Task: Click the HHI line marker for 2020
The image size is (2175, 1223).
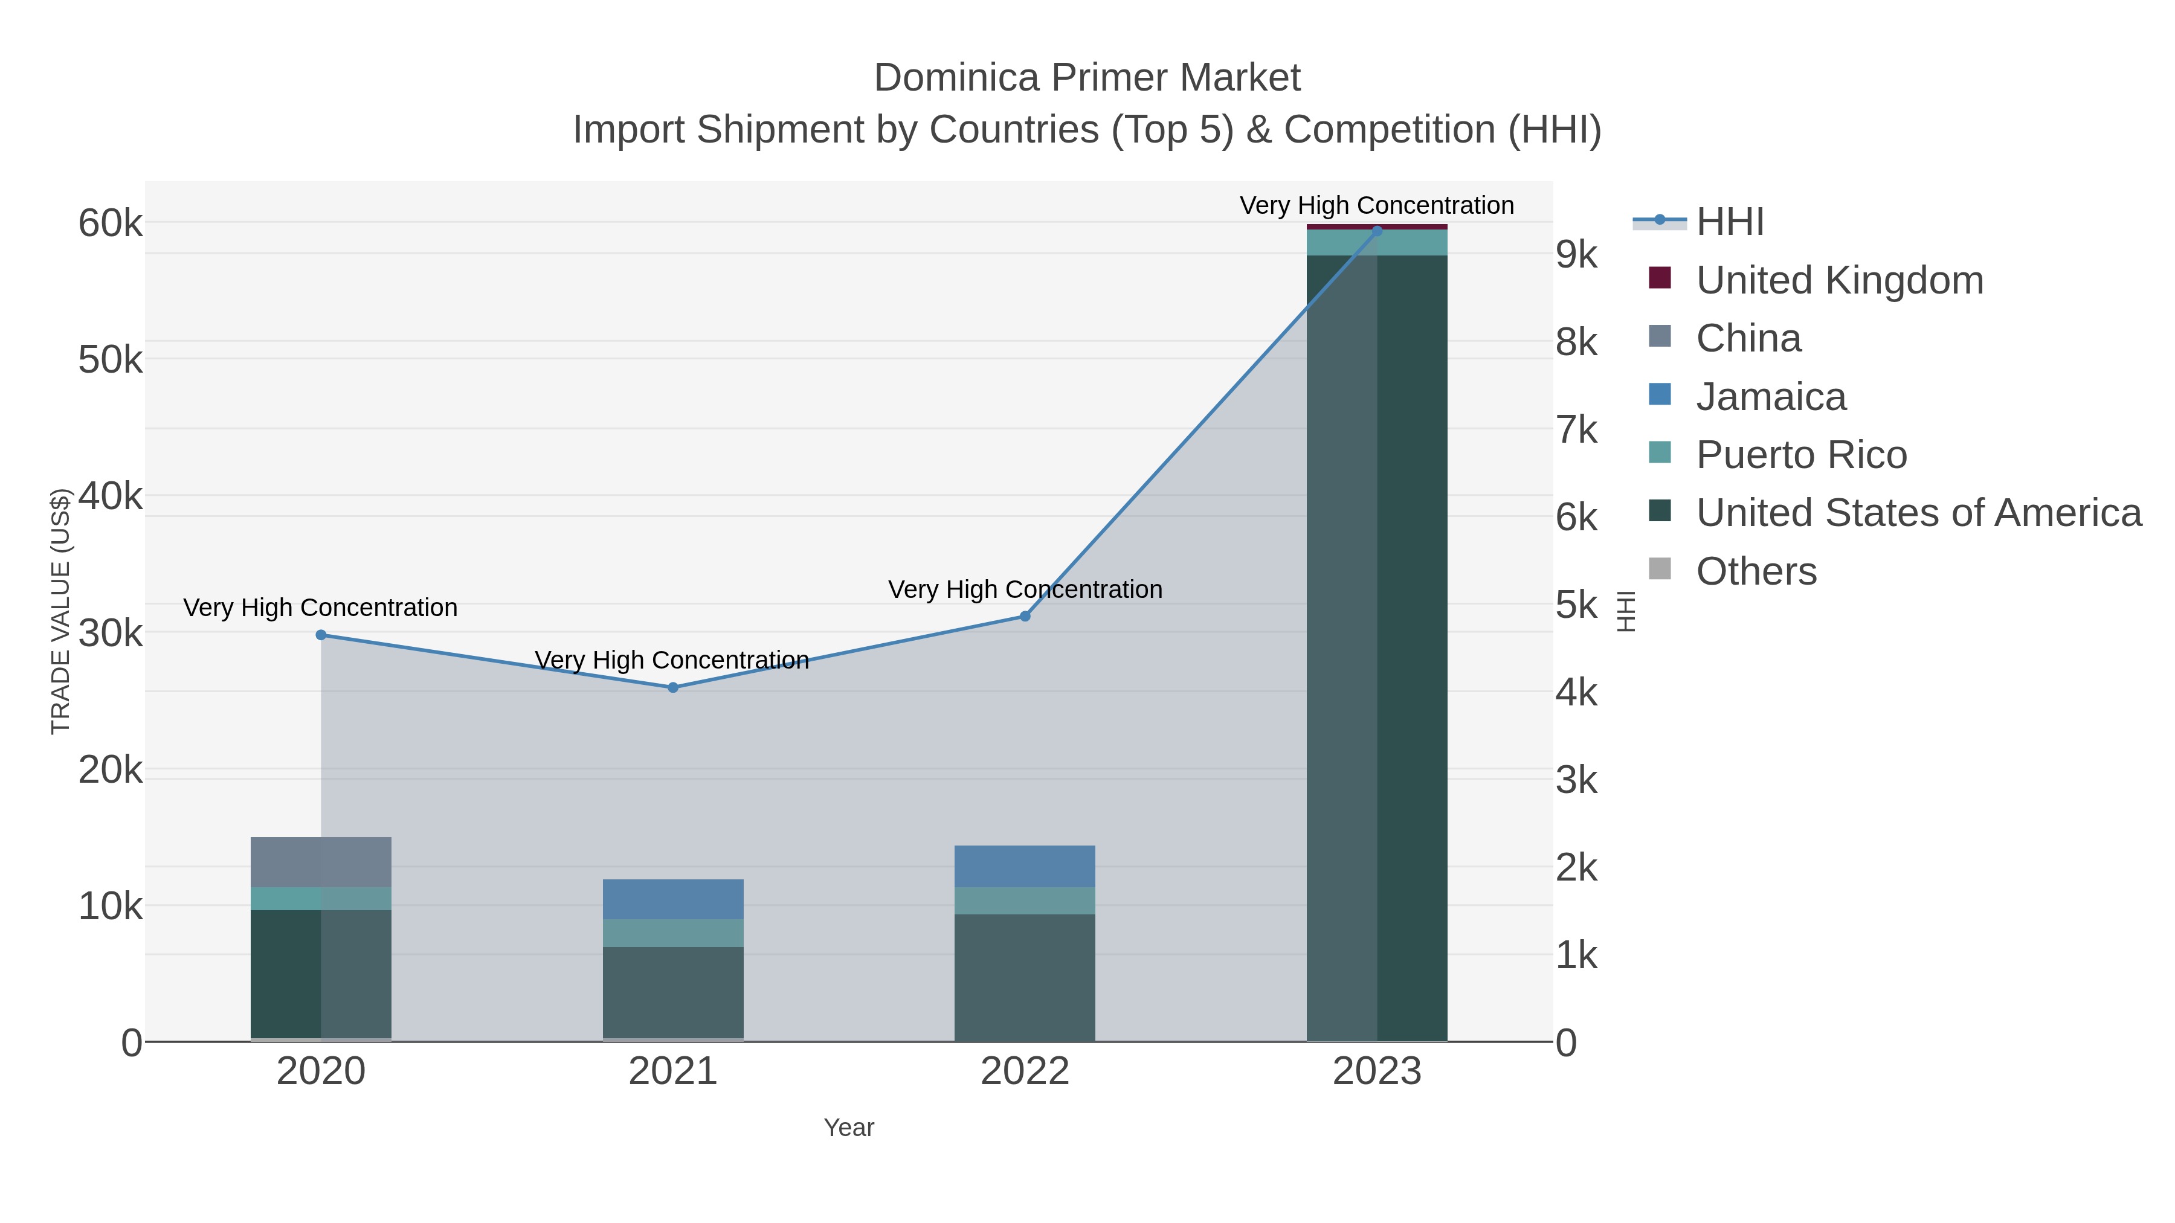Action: tap(321, 635)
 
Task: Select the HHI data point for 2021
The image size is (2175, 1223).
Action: tap(673, 687)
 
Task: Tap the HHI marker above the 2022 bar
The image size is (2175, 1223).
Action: tap(1025, 616)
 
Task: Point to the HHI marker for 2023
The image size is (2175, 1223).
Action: tap(1377, 231)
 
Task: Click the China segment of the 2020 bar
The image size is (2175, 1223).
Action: tap(321, 862)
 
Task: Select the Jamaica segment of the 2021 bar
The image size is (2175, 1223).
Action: tap(673, 899)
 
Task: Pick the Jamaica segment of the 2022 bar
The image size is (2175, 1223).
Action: tap(1025, 866)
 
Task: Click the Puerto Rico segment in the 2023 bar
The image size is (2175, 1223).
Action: tap(1377, 242)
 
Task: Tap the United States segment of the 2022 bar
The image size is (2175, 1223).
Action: tap(1025, 977)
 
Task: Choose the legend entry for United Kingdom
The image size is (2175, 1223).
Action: tap(1839, 280)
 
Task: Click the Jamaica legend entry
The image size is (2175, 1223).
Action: tap(1771, 397)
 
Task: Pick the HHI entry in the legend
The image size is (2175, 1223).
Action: tap(1729, 222)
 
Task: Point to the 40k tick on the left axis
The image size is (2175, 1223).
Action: tap(111, 496)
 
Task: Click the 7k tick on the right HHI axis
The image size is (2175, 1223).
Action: tap(1576, 429)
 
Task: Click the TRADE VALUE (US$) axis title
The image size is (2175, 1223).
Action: tap(61, 611)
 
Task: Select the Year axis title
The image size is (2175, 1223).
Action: tap(849, 1128)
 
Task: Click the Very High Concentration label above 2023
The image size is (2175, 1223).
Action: tap(1376, 205)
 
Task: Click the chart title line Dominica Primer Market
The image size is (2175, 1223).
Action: tap(1087, 78)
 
